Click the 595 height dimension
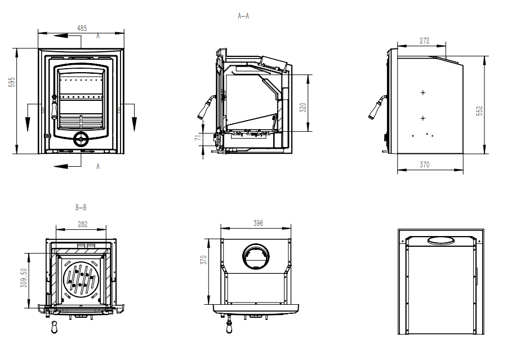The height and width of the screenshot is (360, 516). pos(11,82)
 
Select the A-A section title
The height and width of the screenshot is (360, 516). pos(243,16)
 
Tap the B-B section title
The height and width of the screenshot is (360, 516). pos(81,207)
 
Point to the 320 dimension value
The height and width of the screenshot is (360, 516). pos(303,107)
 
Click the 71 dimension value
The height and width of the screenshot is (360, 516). pos(197,139)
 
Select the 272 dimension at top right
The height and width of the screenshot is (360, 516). pos(424,41)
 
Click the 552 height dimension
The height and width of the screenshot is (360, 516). pos(479,111)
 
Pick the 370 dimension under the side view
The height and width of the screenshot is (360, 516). pos(424,165)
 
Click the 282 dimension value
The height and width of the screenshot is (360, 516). pos(82,224)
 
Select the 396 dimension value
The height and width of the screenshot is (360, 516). pos(258,224)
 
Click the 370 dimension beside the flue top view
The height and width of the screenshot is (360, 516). pos(204,260)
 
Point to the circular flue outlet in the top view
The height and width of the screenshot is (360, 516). pos(256,257)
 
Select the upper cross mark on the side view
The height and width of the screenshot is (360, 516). pos(423,92)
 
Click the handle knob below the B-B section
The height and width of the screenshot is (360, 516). pos(54,326)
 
